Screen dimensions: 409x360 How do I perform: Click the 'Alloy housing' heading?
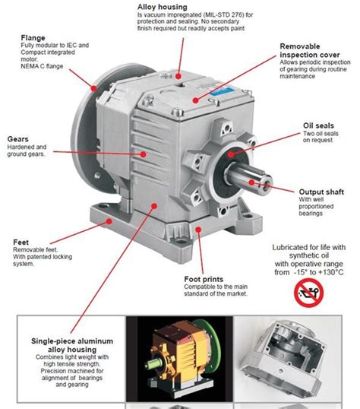point(163,6)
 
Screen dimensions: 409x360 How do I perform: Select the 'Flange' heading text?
point(36,36)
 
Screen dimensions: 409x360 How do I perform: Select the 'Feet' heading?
point(21,243)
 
